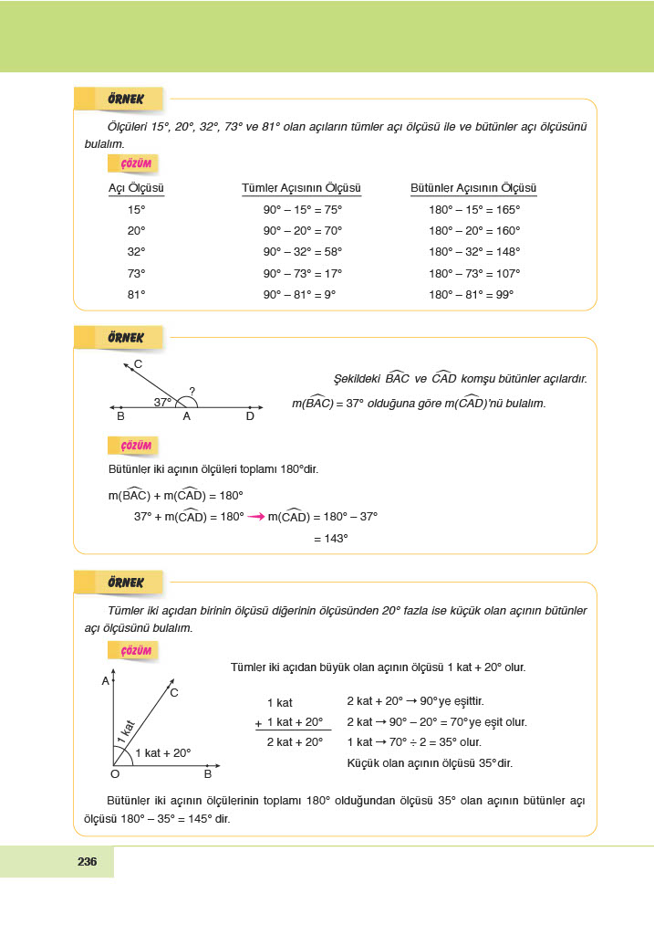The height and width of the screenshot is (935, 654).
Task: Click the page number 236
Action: [88, 862]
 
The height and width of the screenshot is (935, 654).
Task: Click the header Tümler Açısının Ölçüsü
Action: [301, 189]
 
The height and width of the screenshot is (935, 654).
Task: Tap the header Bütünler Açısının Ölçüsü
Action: [473, 189]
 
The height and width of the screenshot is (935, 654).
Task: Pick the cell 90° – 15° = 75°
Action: [302, 209]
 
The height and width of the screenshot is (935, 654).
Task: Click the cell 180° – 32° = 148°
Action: [474, 252]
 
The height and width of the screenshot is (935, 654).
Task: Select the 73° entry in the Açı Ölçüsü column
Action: [136, 273]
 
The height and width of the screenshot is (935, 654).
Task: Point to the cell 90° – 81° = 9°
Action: [299, 295]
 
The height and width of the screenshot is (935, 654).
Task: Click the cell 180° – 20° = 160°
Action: [474, 231]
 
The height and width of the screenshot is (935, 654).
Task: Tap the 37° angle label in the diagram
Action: [162, 402]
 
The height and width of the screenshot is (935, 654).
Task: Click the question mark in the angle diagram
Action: [192, 392]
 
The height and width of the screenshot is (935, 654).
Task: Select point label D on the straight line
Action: [250, 417]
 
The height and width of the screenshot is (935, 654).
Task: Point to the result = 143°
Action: [331, 539]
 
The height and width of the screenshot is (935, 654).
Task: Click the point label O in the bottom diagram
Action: [115, 774]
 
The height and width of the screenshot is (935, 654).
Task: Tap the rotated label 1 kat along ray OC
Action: [127, 730]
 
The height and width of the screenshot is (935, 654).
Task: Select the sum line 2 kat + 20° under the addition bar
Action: [295, 742]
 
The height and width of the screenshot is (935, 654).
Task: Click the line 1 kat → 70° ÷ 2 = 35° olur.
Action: [414, 742]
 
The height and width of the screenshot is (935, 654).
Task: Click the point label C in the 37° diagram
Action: [138, 364]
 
